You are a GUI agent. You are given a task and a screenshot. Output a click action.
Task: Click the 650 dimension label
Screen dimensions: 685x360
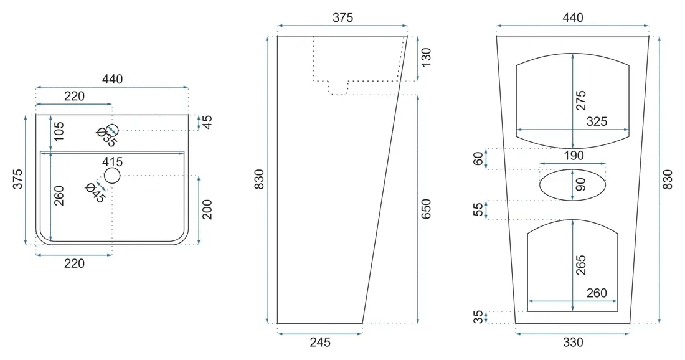pos(426,209)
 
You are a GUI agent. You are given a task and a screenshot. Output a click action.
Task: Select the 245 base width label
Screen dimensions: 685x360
pos(320,342)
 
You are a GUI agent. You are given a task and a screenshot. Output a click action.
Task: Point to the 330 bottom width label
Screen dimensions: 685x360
pos(573,342)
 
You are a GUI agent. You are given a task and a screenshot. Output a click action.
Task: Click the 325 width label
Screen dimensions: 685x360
pos(597,121)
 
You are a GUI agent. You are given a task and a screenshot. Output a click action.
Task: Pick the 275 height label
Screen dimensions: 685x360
pos(580,100)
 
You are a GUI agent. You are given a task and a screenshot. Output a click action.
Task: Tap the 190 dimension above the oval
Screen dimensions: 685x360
pos(574,156)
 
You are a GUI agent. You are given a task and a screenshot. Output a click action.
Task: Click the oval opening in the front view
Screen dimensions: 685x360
pos(573,185)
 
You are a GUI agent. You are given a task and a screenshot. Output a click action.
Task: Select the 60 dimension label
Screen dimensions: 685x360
pos(479,159)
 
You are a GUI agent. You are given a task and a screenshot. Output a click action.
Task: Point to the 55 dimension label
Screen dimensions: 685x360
pos(479,209)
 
